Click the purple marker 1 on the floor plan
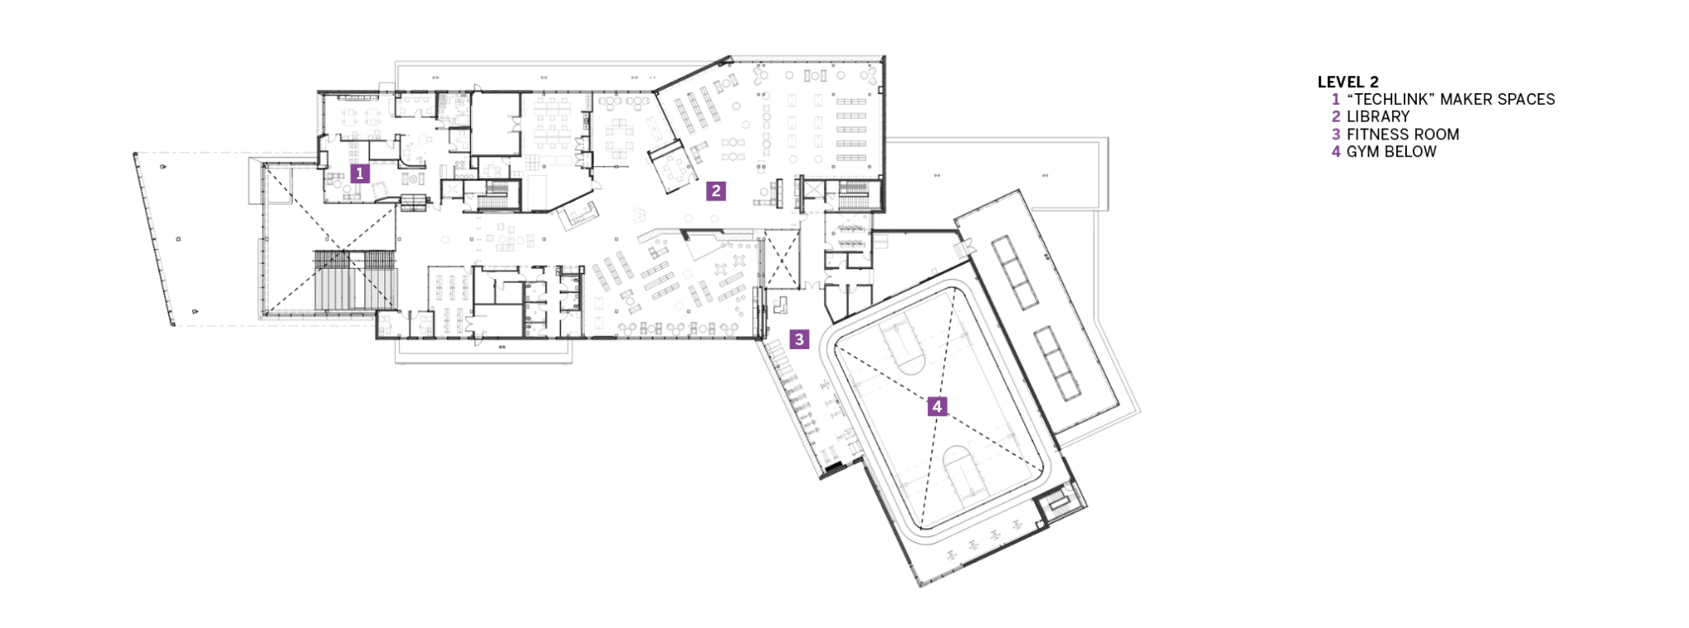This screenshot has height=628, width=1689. [359, 173]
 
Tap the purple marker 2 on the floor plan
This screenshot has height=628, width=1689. [715, 191]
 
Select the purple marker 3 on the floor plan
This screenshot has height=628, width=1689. [798, 338]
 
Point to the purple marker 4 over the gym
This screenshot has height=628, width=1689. [936, 406]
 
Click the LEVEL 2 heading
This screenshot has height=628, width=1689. [1348, 82]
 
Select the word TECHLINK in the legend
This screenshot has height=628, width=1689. [1390, 99]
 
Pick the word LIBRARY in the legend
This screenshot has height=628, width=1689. [1378, 116]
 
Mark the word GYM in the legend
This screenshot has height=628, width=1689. [1362, 151]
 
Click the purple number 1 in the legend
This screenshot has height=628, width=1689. [1336, 99]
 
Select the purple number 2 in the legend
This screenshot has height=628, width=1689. [1336, 116]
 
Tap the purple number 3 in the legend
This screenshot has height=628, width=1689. [1336, 134]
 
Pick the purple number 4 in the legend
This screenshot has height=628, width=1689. [1336, 151]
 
